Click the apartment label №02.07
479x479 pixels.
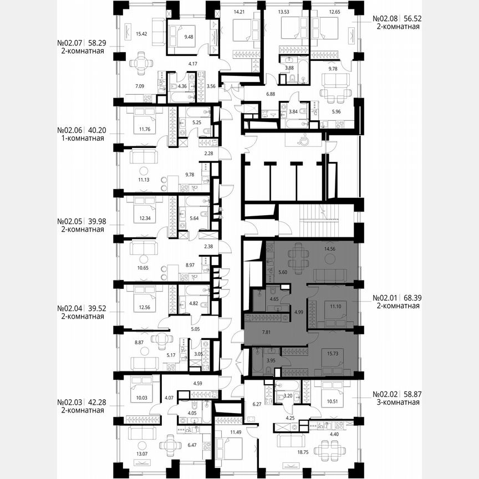pos(70,42)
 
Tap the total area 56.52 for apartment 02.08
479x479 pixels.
pos(411,18)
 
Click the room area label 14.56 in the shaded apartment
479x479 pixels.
pos(329,249)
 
